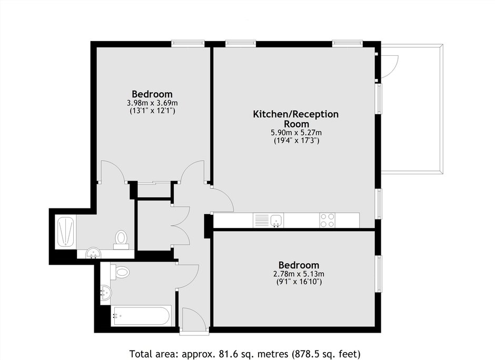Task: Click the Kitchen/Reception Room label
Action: pos(296,118)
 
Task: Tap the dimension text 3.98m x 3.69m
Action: pos(152,103)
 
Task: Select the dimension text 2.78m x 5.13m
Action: pos(299,274)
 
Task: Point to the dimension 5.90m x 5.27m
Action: pos(296,133)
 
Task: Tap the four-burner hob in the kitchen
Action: pos(328,220)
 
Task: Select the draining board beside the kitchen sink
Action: pos(261,220)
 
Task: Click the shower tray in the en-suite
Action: pos(66,231)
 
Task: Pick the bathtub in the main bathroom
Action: pos(142,315)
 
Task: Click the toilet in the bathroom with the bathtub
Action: pos(120,272)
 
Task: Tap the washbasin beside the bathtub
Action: pos(106,293)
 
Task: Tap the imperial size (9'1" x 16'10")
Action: pos(299,282)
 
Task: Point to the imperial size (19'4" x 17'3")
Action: pos(296,141)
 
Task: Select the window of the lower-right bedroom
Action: pos(378,274)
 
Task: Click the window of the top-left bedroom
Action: pos(188,44)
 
